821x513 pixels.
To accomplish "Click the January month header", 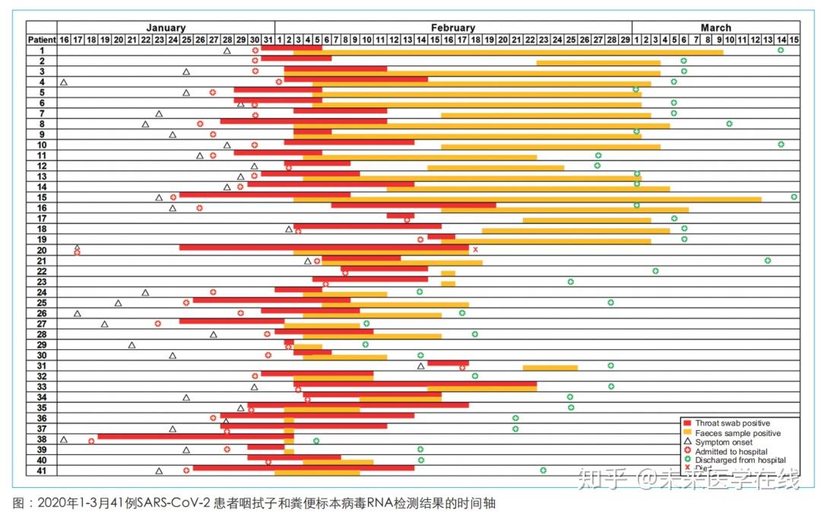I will tap(166, 28).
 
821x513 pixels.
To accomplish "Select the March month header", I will tap(715, 28).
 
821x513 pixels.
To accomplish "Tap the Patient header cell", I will tap(42, 39).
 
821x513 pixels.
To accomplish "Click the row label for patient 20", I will tap(42, 250).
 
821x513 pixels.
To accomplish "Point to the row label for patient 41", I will tap(42, 470).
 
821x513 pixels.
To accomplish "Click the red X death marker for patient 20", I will tap(475, 250).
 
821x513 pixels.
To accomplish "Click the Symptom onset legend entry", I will tap(722, 442).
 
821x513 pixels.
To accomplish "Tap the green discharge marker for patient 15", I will tap(794, 196).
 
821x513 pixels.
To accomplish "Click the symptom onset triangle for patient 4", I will tap(64, 81).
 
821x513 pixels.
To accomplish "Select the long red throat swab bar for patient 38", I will tap(190, 437).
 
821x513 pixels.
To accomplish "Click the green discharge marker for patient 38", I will tap(316, 441).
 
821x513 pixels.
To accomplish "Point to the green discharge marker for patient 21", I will tap(768, 260).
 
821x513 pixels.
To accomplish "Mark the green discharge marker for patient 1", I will tap(781, 50).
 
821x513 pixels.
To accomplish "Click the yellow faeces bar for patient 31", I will tap(550, 368).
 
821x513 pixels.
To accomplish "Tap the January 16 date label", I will tap(64, 39).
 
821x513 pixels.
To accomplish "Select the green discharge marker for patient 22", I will tap(655, 271).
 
